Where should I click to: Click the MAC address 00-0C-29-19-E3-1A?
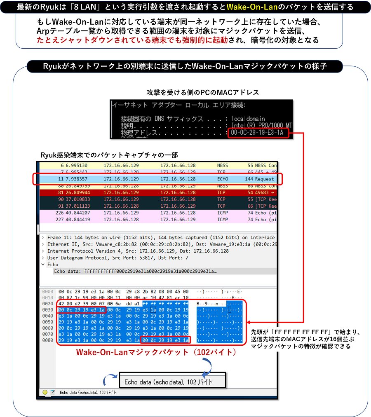coord(258,133)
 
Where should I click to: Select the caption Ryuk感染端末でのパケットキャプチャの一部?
coord(109,155)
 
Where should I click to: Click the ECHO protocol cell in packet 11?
coord(223,179)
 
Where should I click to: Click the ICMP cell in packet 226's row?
coord(222,213)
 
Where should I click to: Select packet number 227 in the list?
coord(60,220)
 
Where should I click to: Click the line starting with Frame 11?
coord(161,237)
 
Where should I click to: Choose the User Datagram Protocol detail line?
coord(118,258)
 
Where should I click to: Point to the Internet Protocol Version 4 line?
coord(138,251)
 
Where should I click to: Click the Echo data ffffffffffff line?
coord(136,271)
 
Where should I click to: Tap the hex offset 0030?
coord(47,310)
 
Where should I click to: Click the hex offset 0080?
coord(47,340)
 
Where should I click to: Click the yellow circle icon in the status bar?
coord(45,392)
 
